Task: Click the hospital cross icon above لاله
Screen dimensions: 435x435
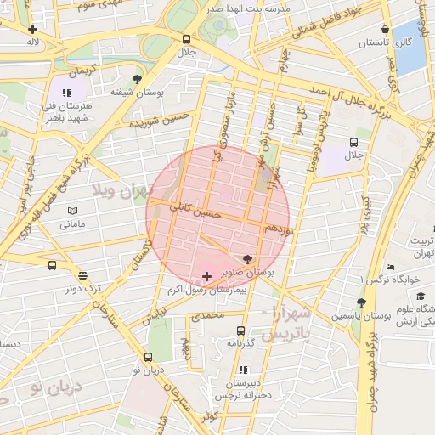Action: (x=33, y=28)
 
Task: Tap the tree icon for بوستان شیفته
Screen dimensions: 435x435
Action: (x=137, y=79)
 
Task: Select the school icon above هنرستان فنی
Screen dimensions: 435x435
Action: (x=67, y=93)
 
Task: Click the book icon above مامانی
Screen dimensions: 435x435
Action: (x=72, y=211)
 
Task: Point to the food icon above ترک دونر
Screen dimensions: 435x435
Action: (x=82, y=274)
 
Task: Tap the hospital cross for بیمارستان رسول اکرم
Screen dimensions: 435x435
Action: (x=207, y=277)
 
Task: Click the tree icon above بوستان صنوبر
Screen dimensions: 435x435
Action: (x=247, y=258)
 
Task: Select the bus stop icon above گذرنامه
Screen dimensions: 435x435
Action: (x=240, y=330)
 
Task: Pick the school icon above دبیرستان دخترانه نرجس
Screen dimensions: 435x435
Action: (x=244, y=370)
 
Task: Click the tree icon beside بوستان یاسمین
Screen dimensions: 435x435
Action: (x=361, y=302)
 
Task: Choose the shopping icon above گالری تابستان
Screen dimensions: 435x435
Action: (x=386, y=29)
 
